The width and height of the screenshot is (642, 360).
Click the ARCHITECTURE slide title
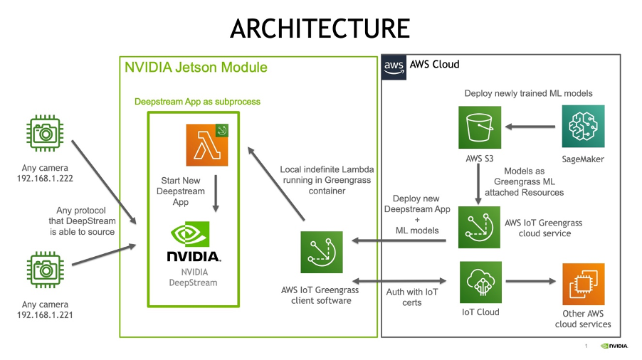320,28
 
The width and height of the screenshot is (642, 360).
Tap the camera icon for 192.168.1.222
44,133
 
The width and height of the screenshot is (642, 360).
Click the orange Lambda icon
206,145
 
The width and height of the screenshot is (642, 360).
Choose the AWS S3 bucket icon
479,127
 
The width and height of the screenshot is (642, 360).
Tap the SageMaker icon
583,127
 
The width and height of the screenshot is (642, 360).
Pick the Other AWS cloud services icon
583,284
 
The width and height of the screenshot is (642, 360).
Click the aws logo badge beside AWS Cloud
394,66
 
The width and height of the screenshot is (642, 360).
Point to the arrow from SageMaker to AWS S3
530,127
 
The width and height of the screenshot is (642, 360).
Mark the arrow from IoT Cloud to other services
530,282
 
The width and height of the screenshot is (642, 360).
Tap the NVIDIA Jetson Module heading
196,68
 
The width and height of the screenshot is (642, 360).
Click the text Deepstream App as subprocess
197,102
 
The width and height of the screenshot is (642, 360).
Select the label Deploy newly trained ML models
528,93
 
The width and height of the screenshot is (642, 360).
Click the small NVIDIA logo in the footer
614,346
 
